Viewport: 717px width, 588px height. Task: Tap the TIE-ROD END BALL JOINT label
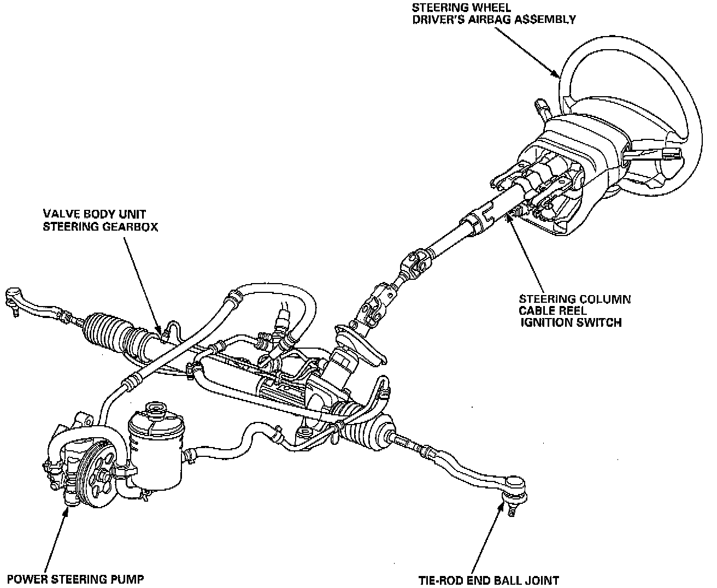[489, 580]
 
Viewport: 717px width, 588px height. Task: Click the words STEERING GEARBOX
[101, 226]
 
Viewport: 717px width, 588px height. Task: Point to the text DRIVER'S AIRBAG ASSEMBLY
[516, 20]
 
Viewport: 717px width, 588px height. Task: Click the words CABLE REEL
[553, 311]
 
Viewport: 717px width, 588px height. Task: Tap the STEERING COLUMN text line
[574, 299]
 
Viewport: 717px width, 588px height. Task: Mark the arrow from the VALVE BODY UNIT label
[144, 284]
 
